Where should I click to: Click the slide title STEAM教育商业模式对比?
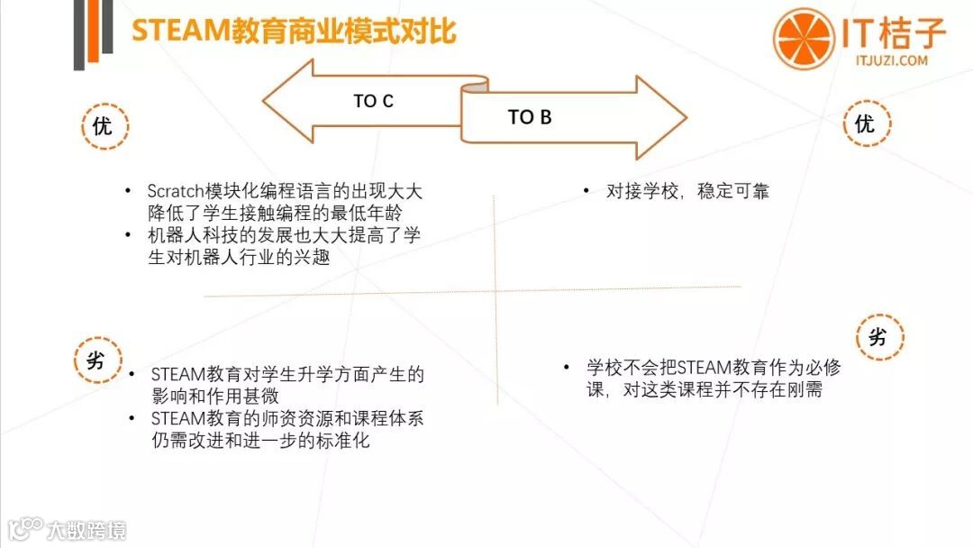tap(295, 32)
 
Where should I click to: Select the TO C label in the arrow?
tap(373, 101)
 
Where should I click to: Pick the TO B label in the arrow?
tap(530, 117)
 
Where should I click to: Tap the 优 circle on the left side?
tap(103, 125)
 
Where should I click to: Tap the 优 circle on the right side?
tap(865, 123)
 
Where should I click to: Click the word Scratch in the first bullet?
tap(174, 191)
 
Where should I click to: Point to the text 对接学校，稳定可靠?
tap(687, 191)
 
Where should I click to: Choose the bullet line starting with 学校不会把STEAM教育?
tap(714, 368)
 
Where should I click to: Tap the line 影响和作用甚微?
tap(214, 396)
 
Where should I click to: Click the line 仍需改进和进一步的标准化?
tap(261, 441)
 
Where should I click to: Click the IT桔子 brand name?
tap(894, 33)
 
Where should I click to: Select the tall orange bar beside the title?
tap(92, 31)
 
